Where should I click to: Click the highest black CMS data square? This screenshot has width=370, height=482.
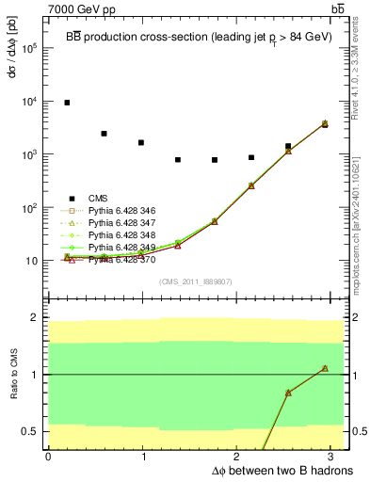point(67,103)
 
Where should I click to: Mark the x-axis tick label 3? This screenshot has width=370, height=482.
point(337,456)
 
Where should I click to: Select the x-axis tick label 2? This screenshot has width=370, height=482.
point(240,456)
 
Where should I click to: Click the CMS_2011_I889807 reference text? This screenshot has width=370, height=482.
point(193,281)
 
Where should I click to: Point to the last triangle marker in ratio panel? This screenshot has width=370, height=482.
point(324,368)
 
